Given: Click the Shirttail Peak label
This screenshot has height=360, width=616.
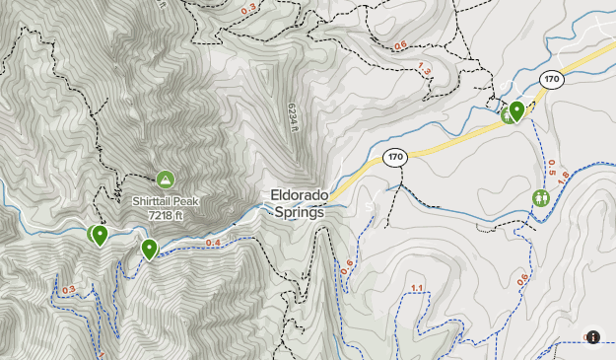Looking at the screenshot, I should [166, 200].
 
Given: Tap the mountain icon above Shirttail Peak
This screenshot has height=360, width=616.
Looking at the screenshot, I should [165, 180].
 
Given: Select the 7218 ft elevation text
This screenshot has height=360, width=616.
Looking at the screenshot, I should [166, 213].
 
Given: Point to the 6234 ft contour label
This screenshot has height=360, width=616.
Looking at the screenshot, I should [293, 119].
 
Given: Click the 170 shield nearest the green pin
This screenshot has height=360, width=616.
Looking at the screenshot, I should [551, 80].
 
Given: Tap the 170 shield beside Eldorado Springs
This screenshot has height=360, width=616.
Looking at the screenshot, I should [396, 157].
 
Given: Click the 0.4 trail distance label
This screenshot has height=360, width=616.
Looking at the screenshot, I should [213, 243].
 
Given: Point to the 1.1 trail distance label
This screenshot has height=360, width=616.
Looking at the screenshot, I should [416, 288].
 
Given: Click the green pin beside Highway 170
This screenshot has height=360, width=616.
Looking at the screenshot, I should [516, 110].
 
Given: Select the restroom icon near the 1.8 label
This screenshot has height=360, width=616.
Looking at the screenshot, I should [540, 198].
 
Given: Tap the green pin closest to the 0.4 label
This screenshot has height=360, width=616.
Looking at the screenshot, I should [149, 248].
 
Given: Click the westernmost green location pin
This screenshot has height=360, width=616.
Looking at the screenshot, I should [95, 235].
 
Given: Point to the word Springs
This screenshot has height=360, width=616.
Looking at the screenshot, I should [300, 211].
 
